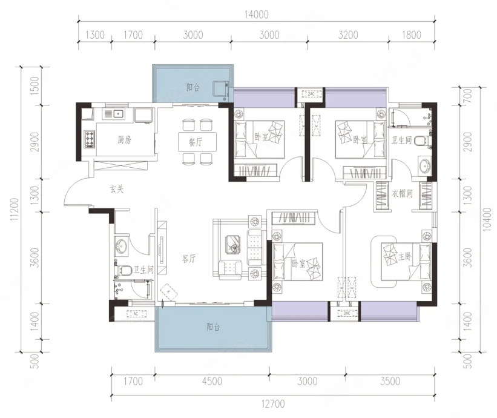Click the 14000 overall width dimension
[x=257, y=15]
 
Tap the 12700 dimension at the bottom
[x=273, y=403]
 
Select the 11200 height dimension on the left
[x=15, y=210]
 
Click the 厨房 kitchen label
[x=124, y=139]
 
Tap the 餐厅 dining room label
[x=196, y=142]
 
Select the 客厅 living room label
[x=189, y=259]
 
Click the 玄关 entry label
[x=117, y=190]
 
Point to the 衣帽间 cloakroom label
[x=402, y=193]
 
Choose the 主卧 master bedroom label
[x=405, y=256]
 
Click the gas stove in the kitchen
[x=90, y=139]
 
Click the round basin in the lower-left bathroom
[x=122, y=246]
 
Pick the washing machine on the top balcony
[x=221, y=88]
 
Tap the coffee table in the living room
[x=233, y=244]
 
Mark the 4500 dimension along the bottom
[x=212, y=381]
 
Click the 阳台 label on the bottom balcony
[x=213, y=327]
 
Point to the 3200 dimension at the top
[x=348, y=35]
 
